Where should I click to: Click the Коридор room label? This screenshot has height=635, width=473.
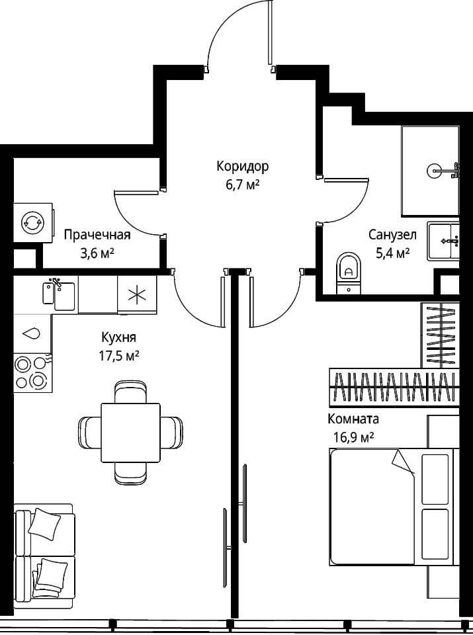[243, 166]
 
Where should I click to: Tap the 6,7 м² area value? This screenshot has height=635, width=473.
[242, 185]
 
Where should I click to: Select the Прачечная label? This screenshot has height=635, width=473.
[97, 235]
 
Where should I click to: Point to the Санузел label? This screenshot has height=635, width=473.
[392, 234]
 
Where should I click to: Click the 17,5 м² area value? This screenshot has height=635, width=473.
[119, 357]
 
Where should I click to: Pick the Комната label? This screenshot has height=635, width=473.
[353, 419]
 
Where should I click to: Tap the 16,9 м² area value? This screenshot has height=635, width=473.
[353, 438]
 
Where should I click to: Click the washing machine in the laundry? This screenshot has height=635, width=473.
[33, 223]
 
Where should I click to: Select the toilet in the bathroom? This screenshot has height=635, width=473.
[348, 273]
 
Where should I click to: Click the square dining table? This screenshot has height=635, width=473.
[130, 433]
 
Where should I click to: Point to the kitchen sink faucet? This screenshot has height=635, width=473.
[56, 284]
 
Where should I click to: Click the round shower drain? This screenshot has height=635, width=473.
[434, 171]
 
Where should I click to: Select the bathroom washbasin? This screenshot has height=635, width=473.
[444, 242]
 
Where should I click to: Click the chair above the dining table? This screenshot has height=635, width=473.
[130, 391]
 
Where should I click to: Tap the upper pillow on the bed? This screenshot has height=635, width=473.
[435, 479]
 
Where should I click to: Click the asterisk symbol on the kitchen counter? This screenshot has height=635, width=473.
[137, 294]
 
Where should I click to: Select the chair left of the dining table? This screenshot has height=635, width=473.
[89, 433]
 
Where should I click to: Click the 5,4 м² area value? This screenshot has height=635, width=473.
[392, 253]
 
